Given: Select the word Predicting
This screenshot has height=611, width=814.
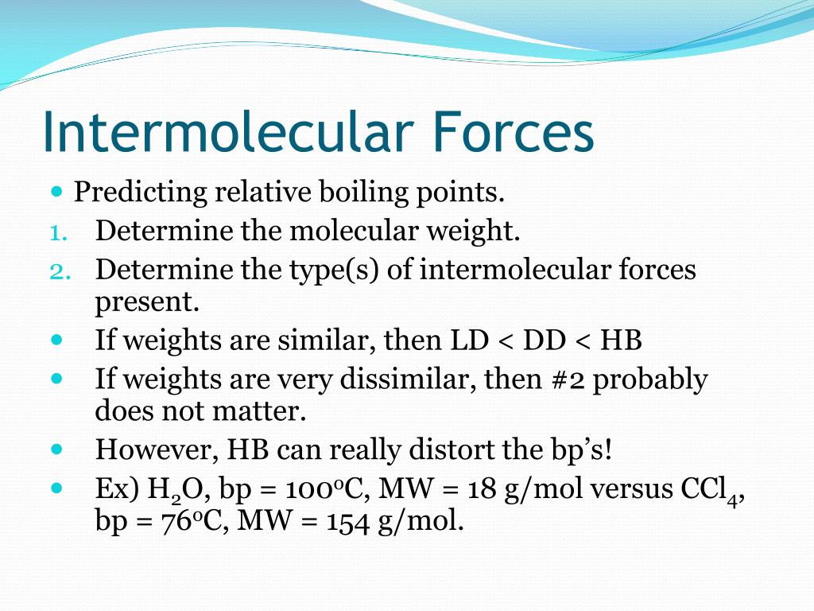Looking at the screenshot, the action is pyautogui.click(x=141, y=193).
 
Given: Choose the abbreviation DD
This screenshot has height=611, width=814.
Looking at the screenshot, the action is pyautogui.click(x=544, y=341).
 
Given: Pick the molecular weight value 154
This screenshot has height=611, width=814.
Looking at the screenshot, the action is pyautogui.click(x=348, y=522).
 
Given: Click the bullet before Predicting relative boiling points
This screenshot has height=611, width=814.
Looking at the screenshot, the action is pyautogui.click(x=57, y=192).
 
